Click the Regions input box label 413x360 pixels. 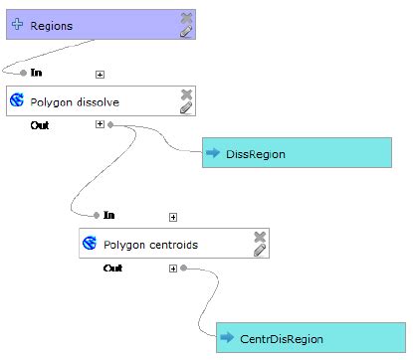click(51, 25)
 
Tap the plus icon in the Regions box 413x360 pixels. click(17, 25)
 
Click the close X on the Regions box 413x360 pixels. click(186, 17)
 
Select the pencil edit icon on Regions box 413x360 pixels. click(186, 31)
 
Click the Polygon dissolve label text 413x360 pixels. click(72, 101)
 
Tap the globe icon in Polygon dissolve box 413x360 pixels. click(18, 101)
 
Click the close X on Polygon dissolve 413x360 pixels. click(186, 94)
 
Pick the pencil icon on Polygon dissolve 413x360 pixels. click(186, 108)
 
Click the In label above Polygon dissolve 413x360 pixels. click(37, 73)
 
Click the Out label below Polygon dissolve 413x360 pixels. click(40, 125)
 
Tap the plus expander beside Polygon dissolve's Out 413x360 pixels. click(99, 125)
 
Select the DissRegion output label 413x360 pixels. click(257, 153)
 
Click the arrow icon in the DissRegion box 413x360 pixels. click(213, 153)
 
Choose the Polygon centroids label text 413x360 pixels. click(151, 244)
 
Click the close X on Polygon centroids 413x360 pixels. click(260, 237)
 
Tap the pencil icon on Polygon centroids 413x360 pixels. click(260, 251)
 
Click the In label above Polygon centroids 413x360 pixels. click(109, 215)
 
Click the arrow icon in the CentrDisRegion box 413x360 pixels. click(227, 339)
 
